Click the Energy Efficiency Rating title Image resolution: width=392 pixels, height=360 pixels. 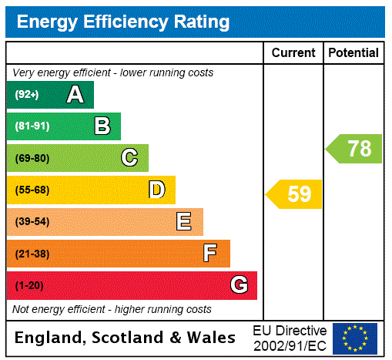123,22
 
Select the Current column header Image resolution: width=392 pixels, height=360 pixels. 293,52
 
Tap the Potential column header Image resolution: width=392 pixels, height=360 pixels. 353,52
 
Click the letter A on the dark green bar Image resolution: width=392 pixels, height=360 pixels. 75,95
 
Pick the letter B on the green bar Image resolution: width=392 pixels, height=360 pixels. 102,126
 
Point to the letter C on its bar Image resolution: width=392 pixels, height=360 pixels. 129,158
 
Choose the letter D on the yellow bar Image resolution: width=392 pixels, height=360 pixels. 157,190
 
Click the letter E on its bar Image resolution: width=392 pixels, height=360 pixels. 184,222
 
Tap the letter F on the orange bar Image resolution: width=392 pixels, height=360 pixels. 210,254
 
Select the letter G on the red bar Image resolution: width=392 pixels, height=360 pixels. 239,285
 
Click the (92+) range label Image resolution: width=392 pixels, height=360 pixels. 27,95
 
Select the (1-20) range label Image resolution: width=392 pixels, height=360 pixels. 29,285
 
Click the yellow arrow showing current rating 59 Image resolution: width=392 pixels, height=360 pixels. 294,194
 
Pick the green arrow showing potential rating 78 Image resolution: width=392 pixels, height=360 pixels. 354,149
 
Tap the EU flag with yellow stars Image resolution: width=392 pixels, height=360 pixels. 355,338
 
